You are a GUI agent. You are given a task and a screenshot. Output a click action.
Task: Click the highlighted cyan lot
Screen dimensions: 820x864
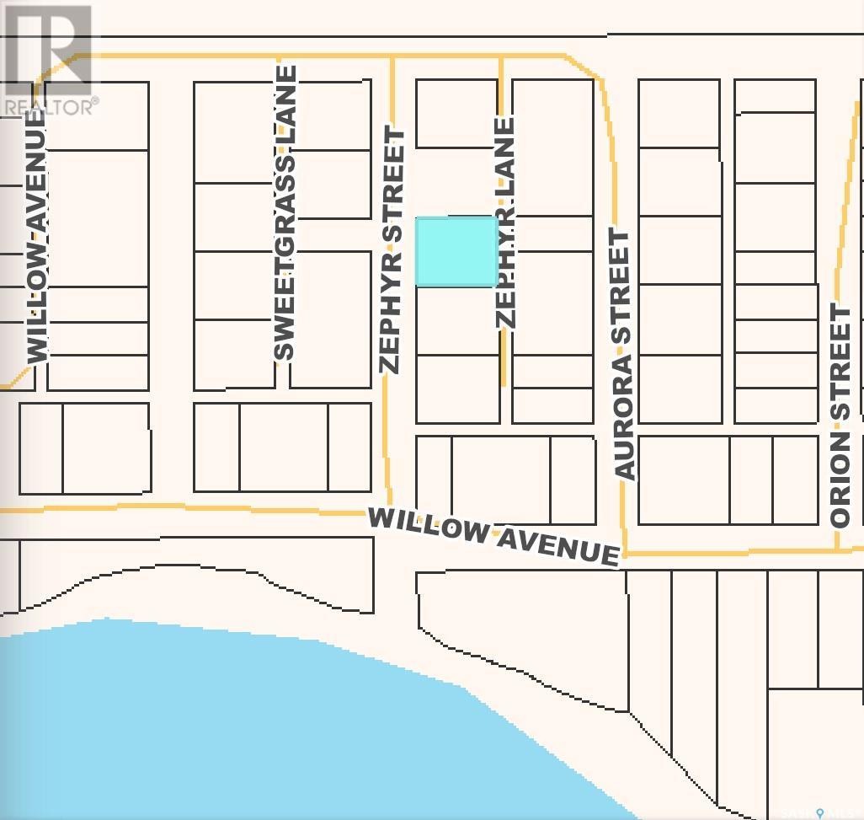(456, 251)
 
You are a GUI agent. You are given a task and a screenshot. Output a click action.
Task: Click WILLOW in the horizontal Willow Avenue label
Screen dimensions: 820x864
(428, 526)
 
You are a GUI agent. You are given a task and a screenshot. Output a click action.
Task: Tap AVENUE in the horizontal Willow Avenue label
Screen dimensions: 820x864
(557, 546)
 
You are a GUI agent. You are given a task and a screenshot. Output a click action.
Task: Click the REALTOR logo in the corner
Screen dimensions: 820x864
(49, 59)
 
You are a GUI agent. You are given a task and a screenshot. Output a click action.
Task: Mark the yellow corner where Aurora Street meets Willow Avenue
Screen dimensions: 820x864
(625, 554)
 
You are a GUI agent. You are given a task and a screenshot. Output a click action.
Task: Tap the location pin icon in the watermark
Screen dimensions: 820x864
(819, 812)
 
